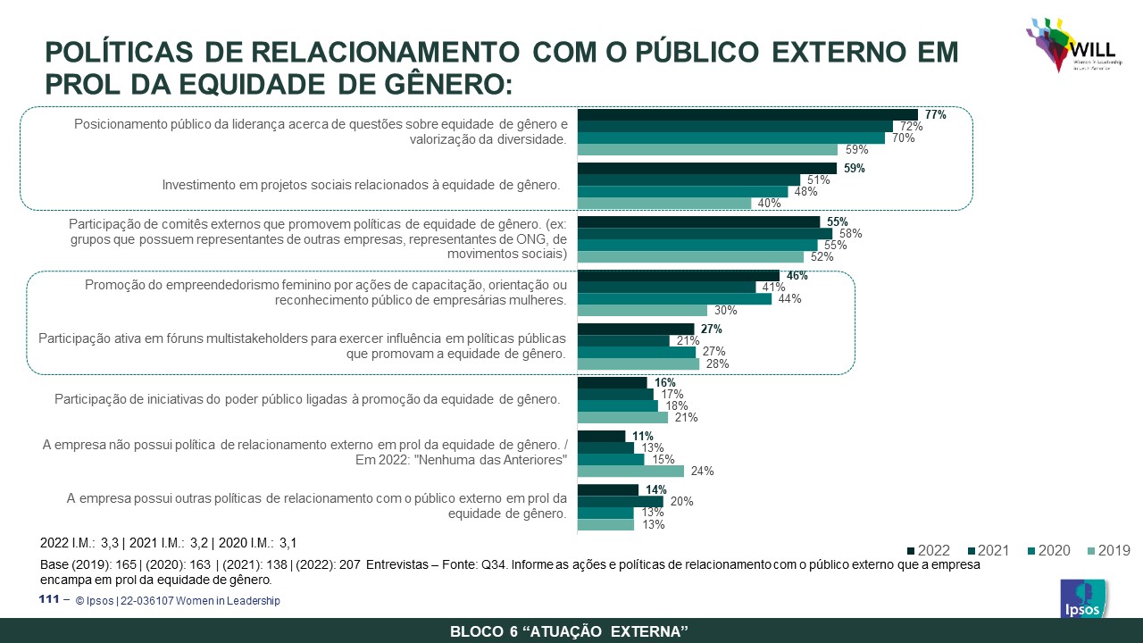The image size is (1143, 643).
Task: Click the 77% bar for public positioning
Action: point(747,114)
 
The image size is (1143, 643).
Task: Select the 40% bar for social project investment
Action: point(664,203)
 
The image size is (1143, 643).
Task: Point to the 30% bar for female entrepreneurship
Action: point(642,310)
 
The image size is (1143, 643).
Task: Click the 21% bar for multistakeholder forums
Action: point(623,340)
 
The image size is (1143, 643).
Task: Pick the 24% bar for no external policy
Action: point(630,471)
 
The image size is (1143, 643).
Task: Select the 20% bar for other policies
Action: point(620,502)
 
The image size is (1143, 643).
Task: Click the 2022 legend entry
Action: point(929,550)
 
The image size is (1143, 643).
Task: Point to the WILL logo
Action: point(1070,45)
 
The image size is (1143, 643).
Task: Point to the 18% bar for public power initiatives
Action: point(617,405)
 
